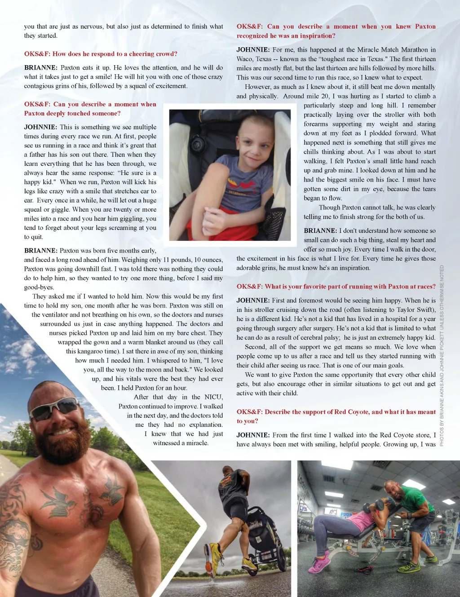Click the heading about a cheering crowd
pos(101,54)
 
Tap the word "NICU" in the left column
pos(213,397)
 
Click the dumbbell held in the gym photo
pos(367,508)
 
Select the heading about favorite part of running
pos(336,287)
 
